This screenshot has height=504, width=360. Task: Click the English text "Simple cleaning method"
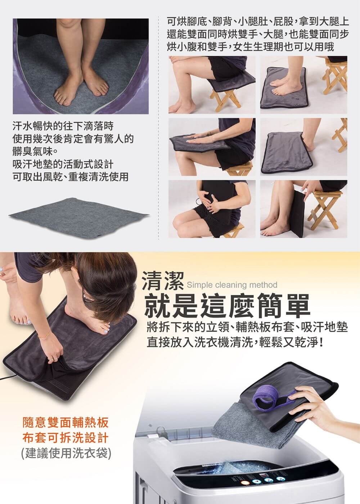232,285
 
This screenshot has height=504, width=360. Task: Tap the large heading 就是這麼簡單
227,305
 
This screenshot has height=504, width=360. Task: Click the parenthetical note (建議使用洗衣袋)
66,453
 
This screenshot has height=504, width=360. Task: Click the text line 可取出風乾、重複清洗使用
71,177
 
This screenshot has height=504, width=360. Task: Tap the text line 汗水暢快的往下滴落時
63,126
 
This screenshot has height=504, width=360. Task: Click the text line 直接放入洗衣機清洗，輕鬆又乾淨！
235,342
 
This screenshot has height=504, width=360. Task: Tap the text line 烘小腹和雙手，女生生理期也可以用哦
250,46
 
